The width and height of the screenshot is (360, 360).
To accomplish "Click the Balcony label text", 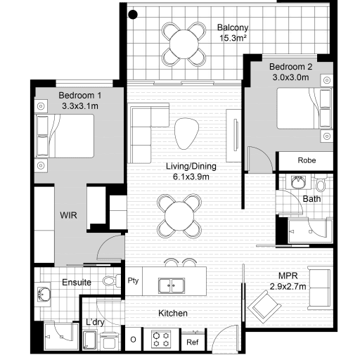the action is [233, 27].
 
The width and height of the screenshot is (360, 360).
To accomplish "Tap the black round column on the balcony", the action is [133, 15].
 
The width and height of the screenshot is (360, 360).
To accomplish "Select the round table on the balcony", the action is [184, 44].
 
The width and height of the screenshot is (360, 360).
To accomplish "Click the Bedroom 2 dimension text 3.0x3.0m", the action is [290, 77].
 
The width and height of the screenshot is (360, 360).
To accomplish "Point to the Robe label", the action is [307, 160].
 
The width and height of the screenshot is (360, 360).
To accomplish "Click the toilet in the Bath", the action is [321, 182].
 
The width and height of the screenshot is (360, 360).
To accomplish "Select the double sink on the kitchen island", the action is [172, 285].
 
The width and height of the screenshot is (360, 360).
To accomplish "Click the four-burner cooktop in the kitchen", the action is [161, 339].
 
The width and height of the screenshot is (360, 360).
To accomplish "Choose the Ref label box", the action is [193, 342].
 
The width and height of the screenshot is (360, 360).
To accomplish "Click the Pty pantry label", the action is [133, 281].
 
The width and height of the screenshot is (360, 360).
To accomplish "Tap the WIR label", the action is [68, 215].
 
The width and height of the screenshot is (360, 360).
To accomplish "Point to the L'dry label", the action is [95, 322].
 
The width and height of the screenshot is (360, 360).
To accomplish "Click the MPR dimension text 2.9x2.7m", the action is [288, 286].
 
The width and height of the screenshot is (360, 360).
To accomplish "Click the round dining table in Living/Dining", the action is [179, 216].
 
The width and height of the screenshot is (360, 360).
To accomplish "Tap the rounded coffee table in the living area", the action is [186, 134].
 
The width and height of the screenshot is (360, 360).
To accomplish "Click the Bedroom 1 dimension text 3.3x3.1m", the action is [80, 106].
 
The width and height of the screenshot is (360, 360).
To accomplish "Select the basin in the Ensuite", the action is [44, 294].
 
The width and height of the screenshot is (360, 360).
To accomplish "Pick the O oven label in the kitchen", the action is [133, 340].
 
